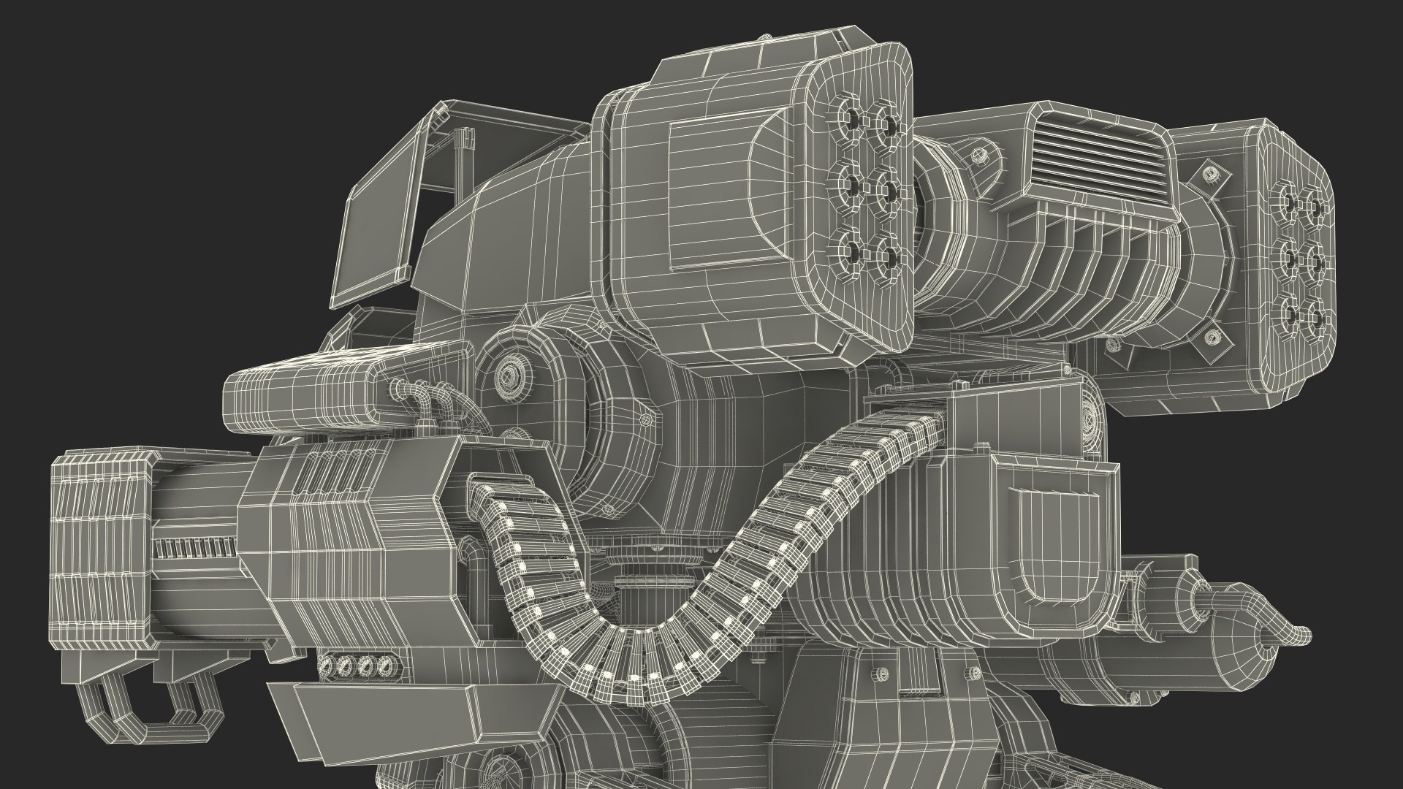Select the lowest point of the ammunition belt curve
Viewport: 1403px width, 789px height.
628,676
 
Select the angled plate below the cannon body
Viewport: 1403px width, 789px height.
395,712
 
